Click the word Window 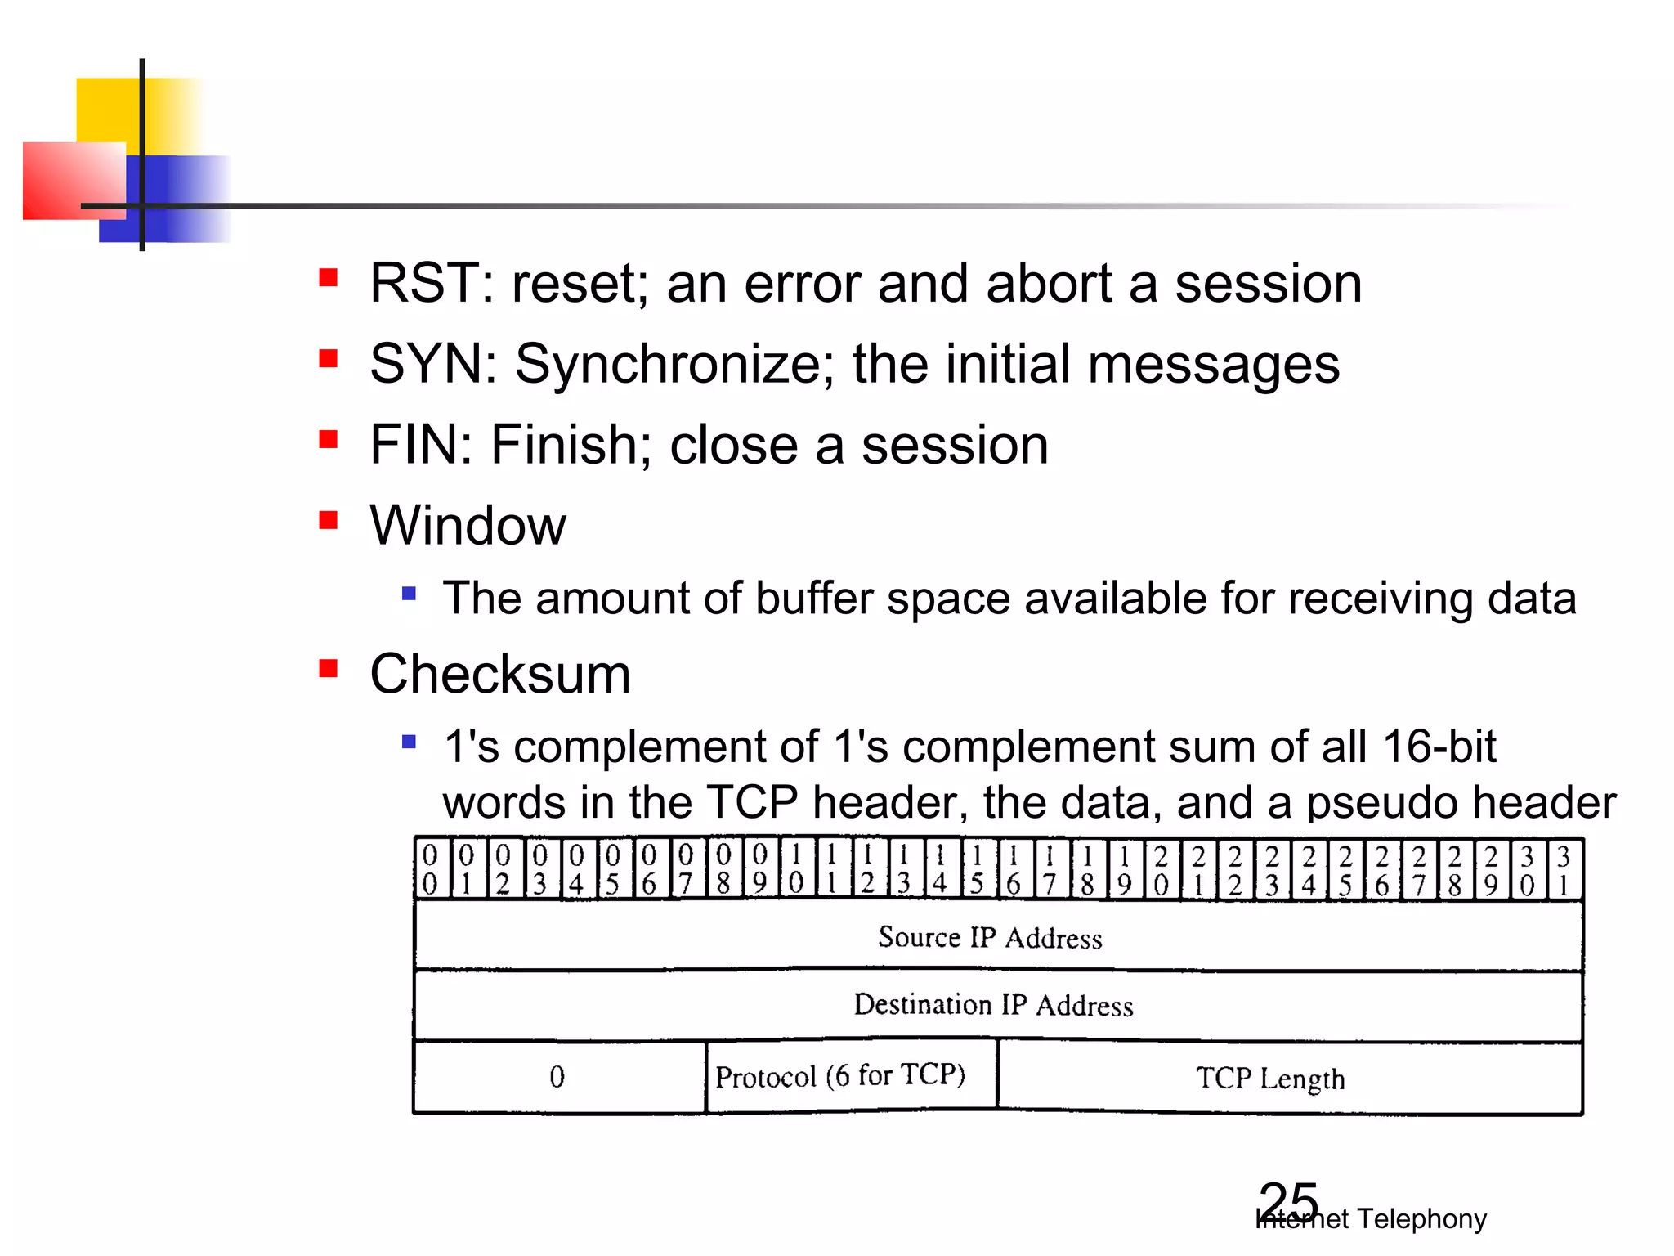468,525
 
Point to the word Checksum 500,675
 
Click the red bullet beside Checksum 329,669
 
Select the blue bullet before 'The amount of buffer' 410,593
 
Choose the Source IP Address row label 990,937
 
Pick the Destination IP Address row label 993,1005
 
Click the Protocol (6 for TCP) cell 840,1076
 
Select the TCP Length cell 1270,1079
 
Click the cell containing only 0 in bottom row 557,1077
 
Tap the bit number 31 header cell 1564,869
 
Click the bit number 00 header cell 431,869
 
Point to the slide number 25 1288,1202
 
